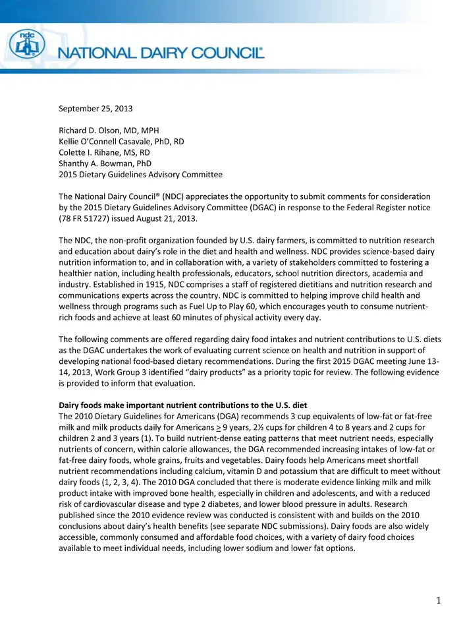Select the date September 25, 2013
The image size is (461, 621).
coord(95,108)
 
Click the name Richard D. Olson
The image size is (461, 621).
coord(93,131)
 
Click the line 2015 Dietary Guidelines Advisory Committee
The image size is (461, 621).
coord(140,175)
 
